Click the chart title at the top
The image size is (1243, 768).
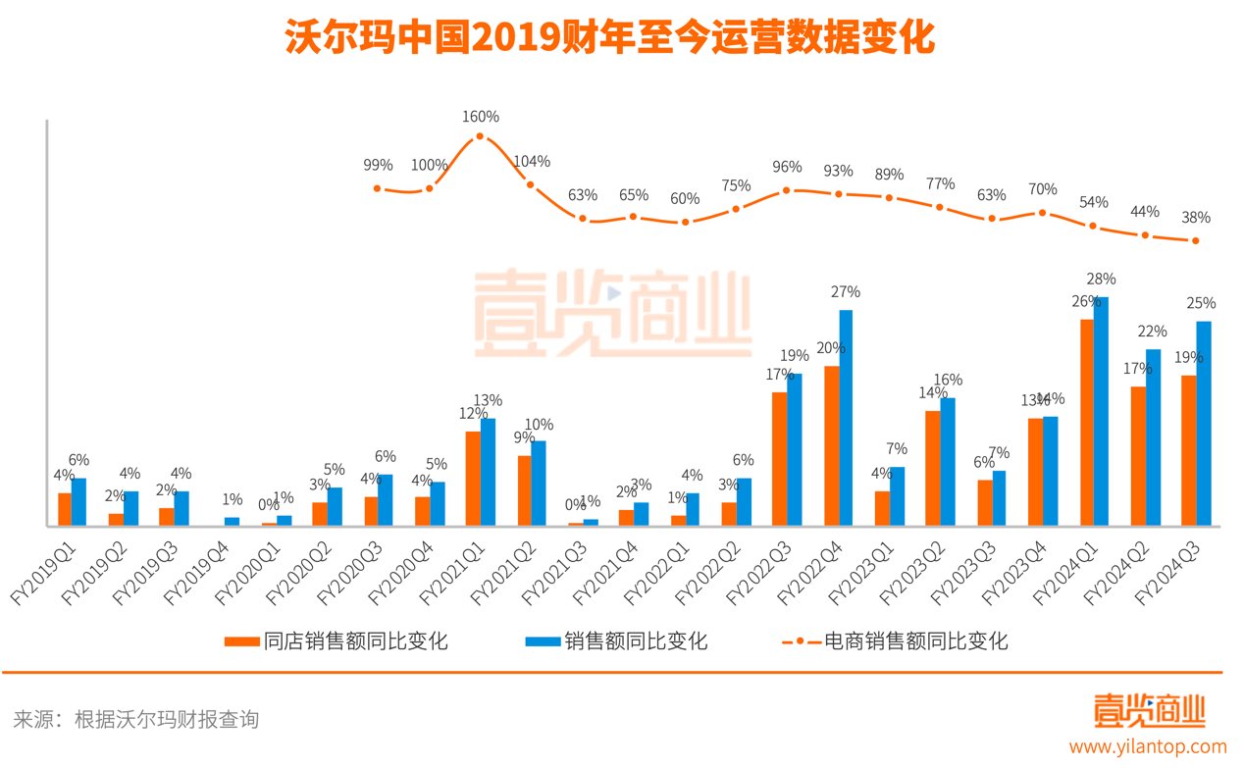(609, 40)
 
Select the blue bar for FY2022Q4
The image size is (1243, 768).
(846, 418)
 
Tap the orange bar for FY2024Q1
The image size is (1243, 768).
(1087, 422)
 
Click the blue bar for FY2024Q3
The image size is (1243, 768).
(1203, 423)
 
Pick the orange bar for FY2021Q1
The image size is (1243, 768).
(473, 478)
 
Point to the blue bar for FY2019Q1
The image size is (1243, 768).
(78, 501)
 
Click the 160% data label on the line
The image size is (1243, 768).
(481, 117)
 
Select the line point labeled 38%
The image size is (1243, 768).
(1195, 240)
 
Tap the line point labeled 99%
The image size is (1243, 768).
(378, 187)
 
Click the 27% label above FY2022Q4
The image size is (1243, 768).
(846, 291)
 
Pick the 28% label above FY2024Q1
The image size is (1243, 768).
(1101, 279)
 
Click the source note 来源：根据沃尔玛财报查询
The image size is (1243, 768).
(136, 719)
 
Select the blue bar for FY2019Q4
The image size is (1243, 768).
(232, 521)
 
